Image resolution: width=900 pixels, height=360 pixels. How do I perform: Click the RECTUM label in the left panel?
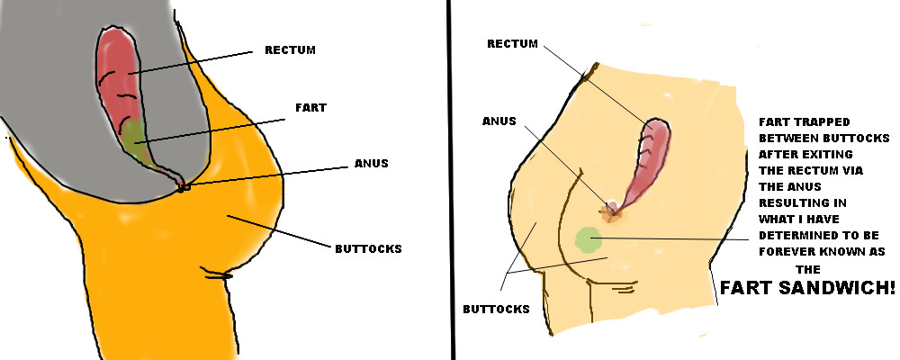(290, 49)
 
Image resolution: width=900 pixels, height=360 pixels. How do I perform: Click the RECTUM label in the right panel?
(513, 43)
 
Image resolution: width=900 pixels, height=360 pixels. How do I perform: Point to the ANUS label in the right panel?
(499, 121)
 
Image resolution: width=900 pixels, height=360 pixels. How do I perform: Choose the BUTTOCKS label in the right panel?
(496, 309)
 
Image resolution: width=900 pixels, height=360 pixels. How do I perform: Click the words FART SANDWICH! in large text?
(807, 289)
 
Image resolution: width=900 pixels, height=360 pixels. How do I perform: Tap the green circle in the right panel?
(588, 238)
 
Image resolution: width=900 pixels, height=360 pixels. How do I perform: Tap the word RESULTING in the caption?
(793, 203)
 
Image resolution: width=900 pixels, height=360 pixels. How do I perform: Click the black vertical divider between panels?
(448, 180)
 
